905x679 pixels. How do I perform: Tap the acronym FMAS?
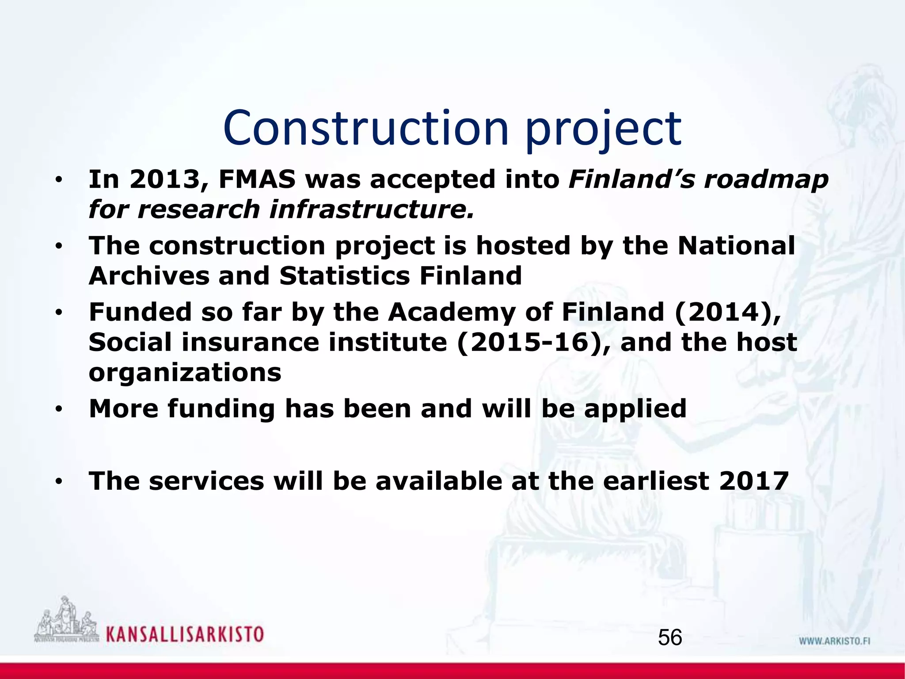tap(257, 180)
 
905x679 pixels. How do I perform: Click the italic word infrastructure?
tap(372, 210)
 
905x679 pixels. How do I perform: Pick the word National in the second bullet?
tap(736, 246)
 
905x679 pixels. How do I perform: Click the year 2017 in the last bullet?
tap(753, 481)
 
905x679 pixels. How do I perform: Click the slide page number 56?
tap(670, 638)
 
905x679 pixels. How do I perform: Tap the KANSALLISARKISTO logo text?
tap(185, 634)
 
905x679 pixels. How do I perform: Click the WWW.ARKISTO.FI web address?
tap(834, 641)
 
